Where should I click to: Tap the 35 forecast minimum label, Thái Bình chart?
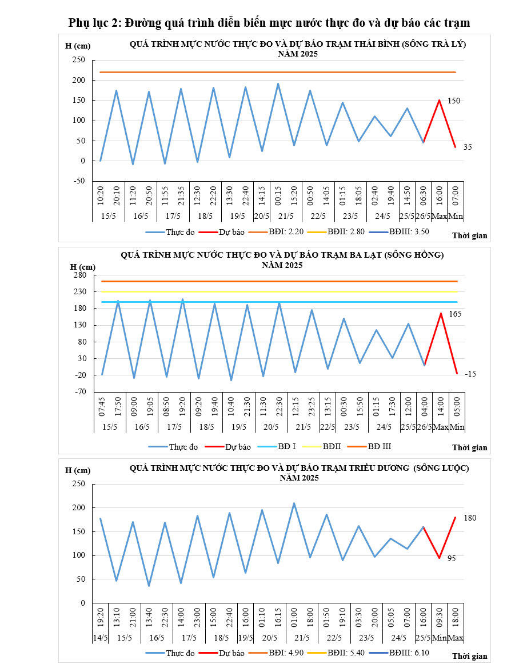click(x=468, y=147)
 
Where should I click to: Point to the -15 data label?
click(x=470, y=374)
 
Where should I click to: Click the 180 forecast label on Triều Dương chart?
click(x=470, y=518)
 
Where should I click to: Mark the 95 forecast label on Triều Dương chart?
click(x=452, y=558)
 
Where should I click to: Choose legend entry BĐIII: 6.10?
click(x=409, y=653)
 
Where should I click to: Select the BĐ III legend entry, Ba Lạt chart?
click(x=379, y=446)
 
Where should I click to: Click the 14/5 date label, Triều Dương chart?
click(x=100, y=637)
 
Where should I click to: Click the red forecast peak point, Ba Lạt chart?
click(x=441, y=313)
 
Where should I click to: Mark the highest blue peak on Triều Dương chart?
click(x=294, y=503)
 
